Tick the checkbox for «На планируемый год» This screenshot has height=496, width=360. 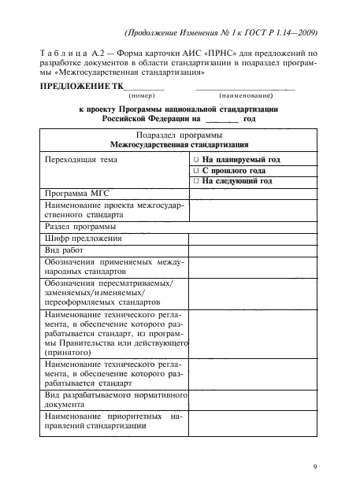pyautogui.click(x=195, y=160)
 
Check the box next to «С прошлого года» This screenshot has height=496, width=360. pyautogui.click(x=195, y=170)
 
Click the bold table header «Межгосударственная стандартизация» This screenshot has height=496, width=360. pyautogui.click(x=180, y=146)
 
